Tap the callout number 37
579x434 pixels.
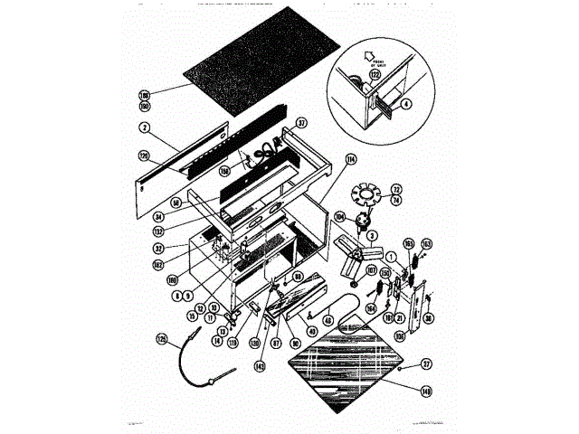point(301,123)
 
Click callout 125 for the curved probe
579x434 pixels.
point(163,339)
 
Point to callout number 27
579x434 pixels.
point(426,365)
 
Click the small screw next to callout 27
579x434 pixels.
point(400,369)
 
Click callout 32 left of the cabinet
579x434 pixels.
point(157,248)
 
